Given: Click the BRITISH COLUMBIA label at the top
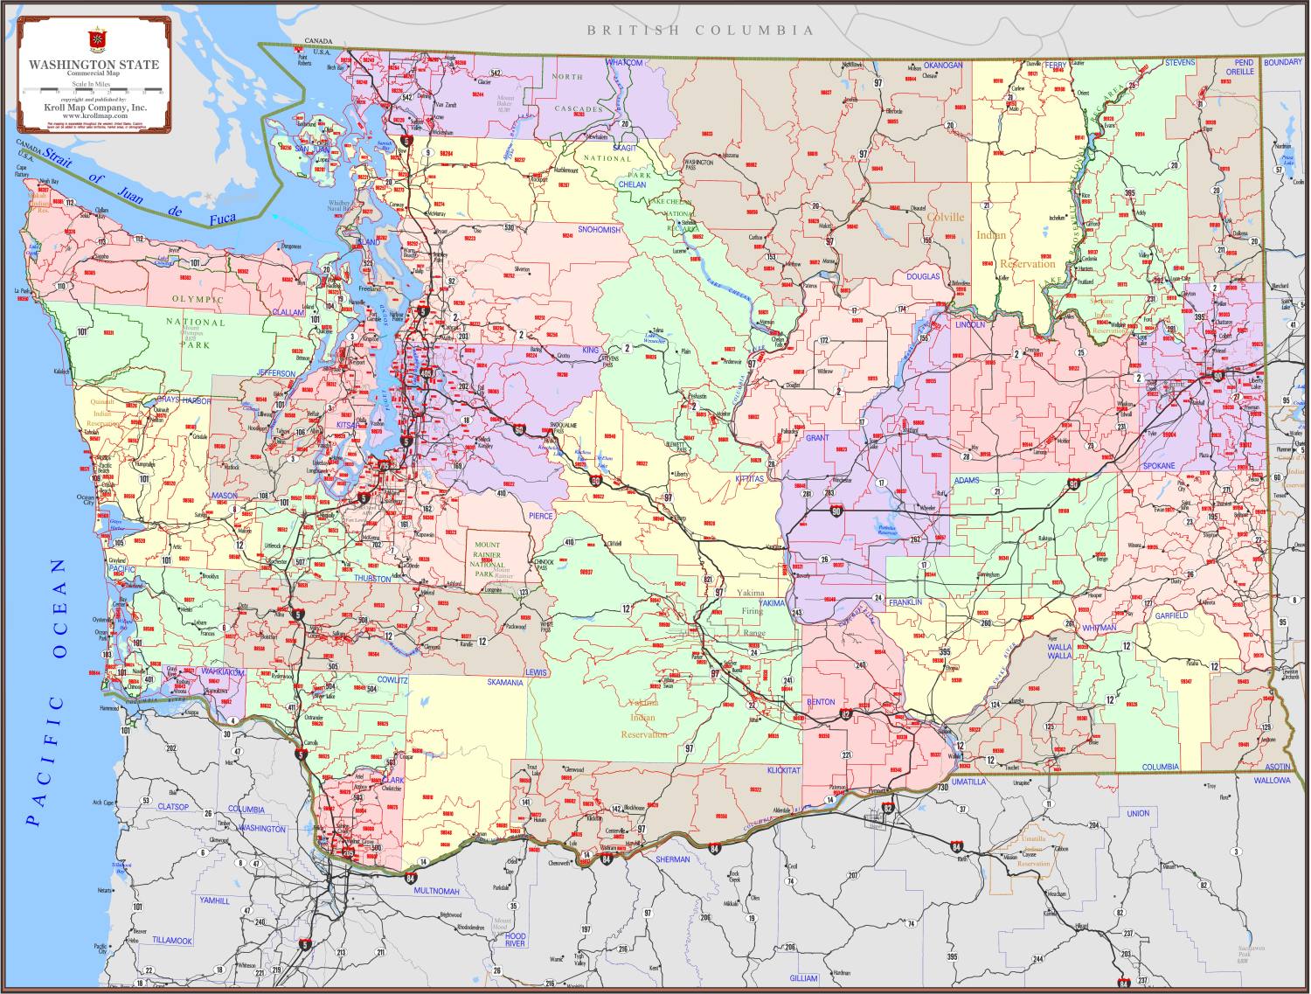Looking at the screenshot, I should (700, 31).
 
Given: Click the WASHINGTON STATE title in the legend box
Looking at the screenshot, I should (94, 65).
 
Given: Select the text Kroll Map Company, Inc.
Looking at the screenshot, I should (95, 108).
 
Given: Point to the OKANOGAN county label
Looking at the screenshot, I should (943, 66).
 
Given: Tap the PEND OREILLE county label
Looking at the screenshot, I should (1243, 68).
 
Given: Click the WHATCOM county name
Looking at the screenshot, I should (624, 63).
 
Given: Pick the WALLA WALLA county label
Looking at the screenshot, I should (1059, 652).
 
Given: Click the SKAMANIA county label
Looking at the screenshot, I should (504, 682).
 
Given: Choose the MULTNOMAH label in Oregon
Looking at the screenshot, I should (436, 891).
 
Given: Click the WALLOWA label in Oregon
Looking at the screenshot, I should (1272, 779).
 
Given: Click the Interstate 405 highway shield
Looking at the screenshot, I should (426, 373).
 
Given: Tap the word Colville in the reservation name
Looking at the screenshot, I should (946, 217).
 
